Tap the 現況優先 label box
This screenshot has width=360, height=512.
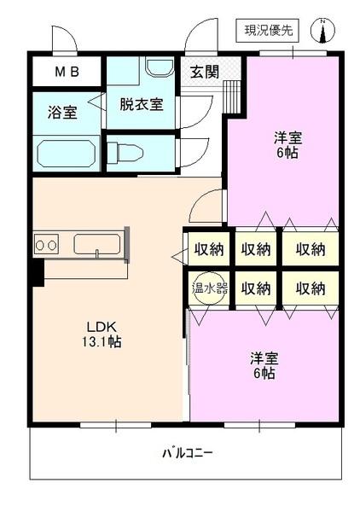[270, 32]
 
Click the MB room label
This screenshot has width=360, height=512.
[67, 72]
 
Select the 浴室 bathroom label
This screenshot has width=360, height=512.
[63, 112]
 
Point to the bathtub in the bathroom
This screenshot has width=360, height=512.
[67, 154]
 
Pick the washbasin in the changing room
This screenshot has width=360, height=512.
[157, 67]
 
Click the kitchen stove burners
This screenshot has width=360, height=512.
[46, 246]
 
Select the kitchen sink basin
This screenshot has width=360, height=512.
[96, 245]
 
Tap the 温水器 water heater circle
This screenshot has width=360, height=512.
[209, 288]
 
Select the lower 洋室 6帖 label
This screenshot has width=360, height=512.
[263, 365]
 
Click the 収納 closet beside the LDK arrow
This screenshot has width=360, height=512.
[208, 249]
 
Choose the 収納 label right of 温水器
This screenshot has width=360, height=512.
[257, 288]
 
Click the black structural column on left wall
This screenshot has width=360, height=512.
[37, 272]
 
